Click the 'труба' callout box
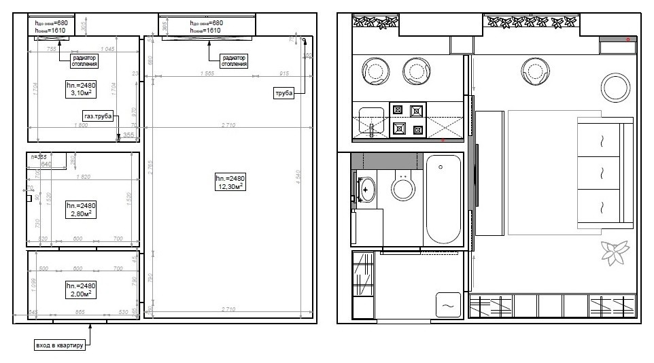tap(283, 93)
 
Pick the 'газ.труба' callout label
tap(97, 115)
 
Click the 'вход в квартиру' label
tap(59, 345)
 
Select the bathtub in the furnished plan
tap(443, 198)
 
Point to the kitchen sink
tap(371, 121)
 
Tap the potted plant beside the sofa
tap(615, 253)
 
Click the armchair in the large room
tap(535, 69)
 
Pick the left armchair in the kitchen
tap(375, 69)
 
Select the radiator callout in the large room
tap(229, 60)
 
